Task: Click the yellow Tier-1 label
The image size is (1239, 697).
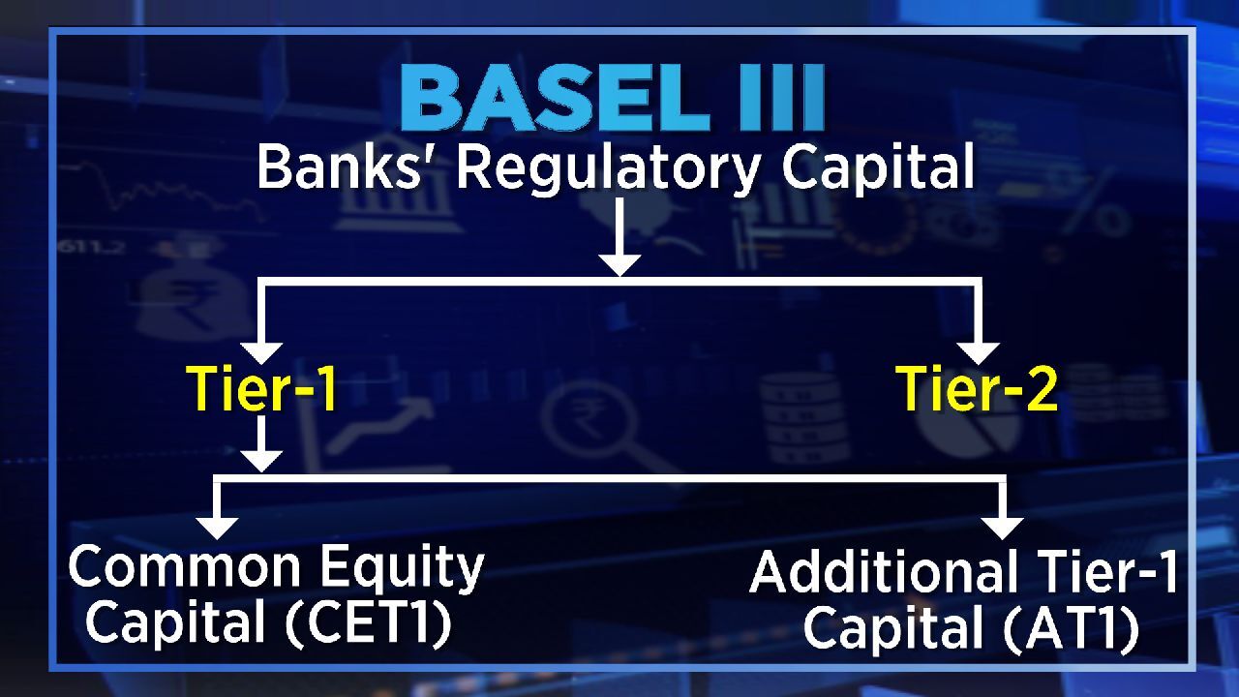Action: pos(262,389)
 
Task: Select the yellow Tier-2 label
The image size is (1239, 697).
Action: pos(978,389)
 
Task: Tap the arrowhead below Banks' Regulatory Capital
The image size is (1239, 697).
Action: pos(620,265)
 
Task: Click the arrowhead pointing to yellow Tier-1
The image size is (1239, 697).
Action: pos(262,353)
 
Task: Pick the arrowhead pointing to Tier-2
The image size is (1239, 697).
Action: pos(978,353)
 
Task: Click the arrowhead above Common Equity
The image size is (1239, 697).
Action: pos(218,528)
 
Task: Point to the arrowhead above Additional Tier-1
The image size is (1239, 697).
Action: pos(1002,528)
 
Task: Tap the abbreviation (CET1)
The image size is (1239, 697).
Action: pos(369,622)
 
